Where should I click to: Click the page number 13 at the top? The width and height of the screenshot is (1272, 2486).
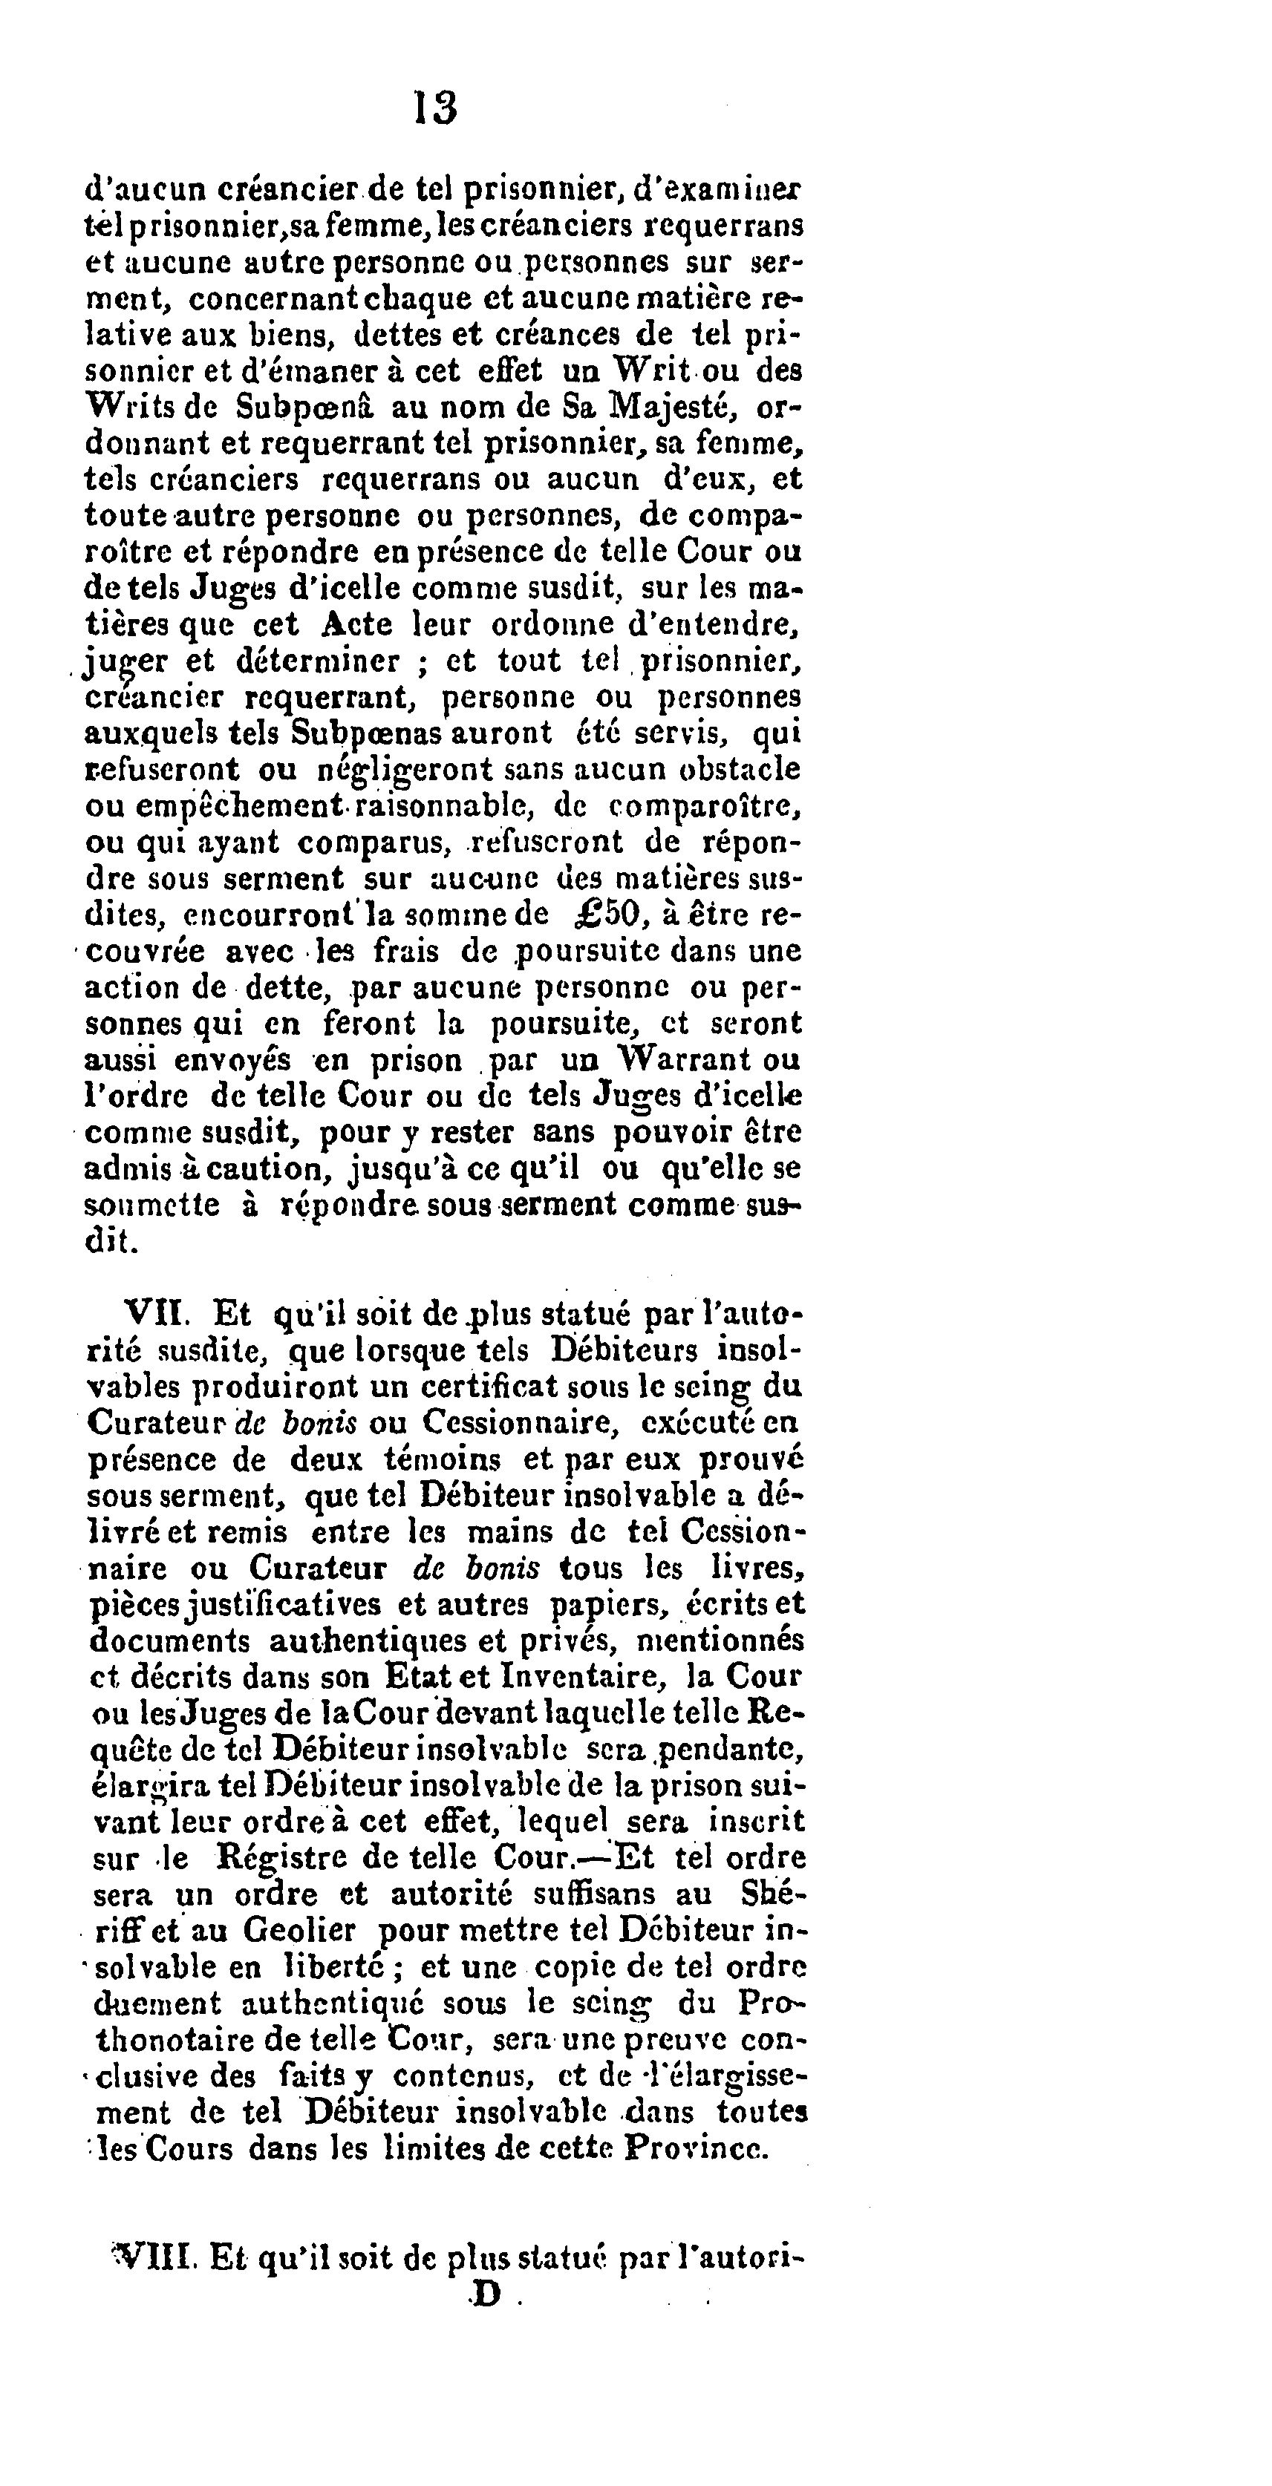click(x=435, y=107)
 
